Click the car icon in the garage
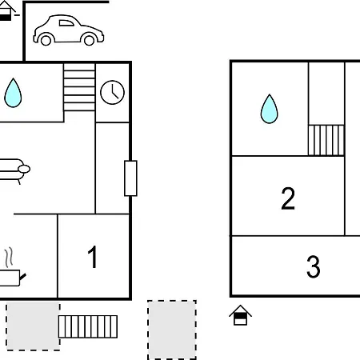click(x=69, y=30)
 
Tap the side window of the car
click(x=66, y=23)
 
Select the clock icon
click(x=112, y=92)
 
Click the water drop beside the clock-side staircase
click(x=13, y=93)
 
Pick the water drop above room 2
click(x=269, y=109)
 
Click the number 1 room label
click(x=93, y=257)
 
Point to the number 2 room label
click(x=288, y=198)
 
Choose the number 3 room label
click(x=314, y=266)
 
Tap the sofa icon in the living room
click(x=14, y=170)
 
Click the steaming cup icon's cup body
click(x=10, y=278)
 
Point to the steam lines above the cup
click(x=9, y=258)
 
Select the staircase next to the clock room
click(x=79, y=87)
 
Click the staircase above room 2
click(x=326, y=140)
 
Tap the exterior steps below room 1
click(x=88, y=326)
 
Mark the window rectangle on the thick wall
click(x=130, y=178)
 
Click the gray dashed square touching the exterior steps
click(x=33, y=326)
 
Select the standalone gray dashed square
click(x=172, y=330)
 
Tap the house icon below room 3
click(x=240, y=315)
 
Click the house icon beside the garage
click(x=6, y=10)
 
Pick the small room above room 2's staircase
click(x=326, y=94)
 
